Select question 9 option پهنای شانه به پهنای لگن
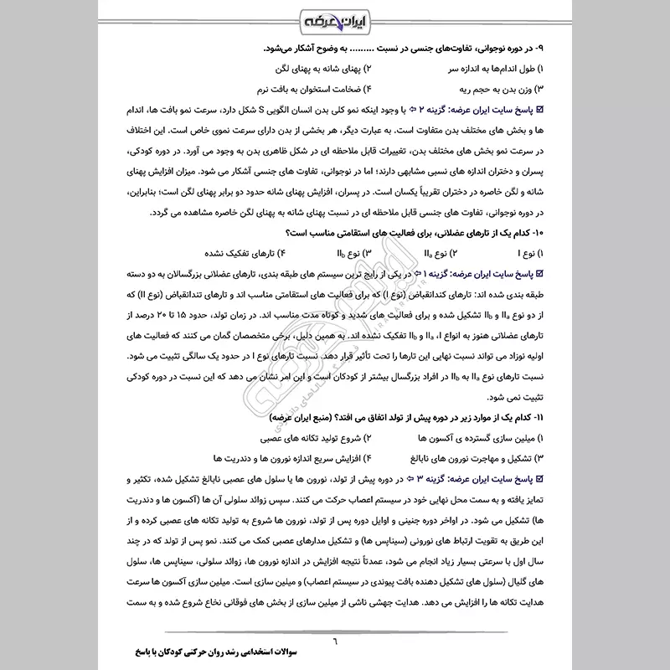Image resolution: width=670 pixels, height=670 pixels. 317,66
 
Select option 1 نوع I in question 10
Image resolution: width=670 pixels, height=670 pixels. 531,252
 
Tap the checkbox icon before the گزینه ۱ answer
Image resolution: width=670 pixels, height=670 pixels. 539,273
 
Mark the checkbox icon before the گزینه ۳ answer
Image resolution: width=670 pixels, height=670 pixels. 539,479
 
